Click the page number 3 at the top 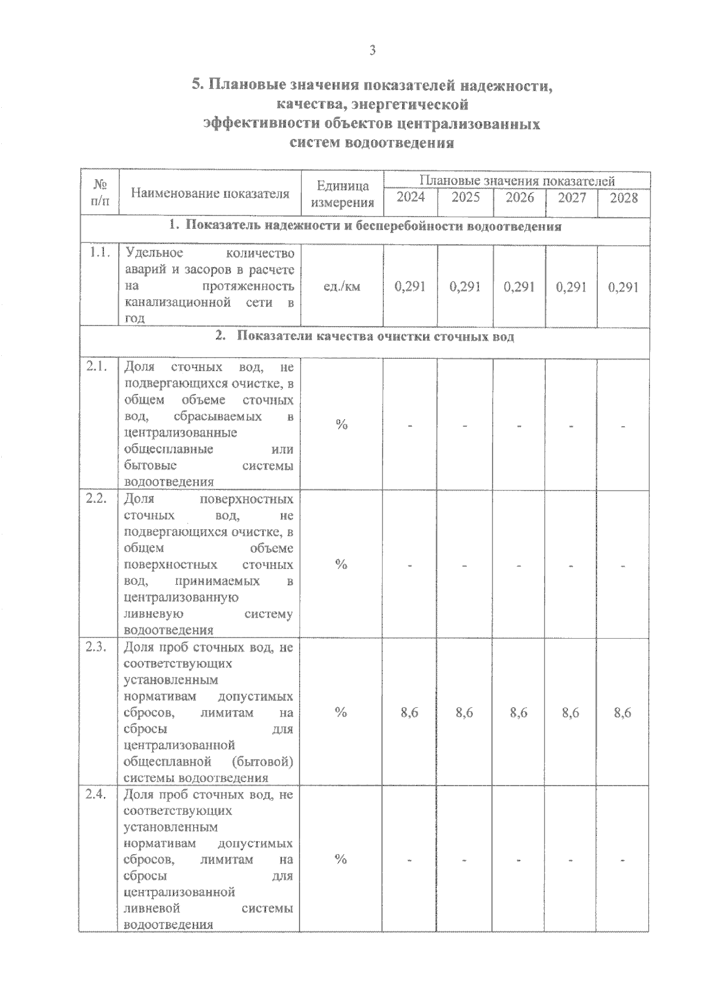pos(372,50)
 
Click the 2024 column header pos(411,197)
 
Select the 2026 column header pos(519,197)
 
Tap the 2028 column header pos(624,198)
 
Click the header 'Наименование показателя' pos(210,193)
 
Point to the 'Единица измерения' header pos(342,194)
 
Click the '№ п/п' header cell pos(99,193)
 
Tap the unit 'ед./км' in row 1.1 pos(342,287)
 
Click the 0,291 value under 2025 pos(465,287)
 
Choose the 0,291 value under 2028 pos(624,287)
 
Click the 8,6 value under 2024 pos(409,712)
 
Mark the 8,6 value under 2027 pos(571,712)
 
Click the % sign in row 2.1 pos(342,424)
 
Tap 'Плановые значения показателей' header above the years pos(517,180)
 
